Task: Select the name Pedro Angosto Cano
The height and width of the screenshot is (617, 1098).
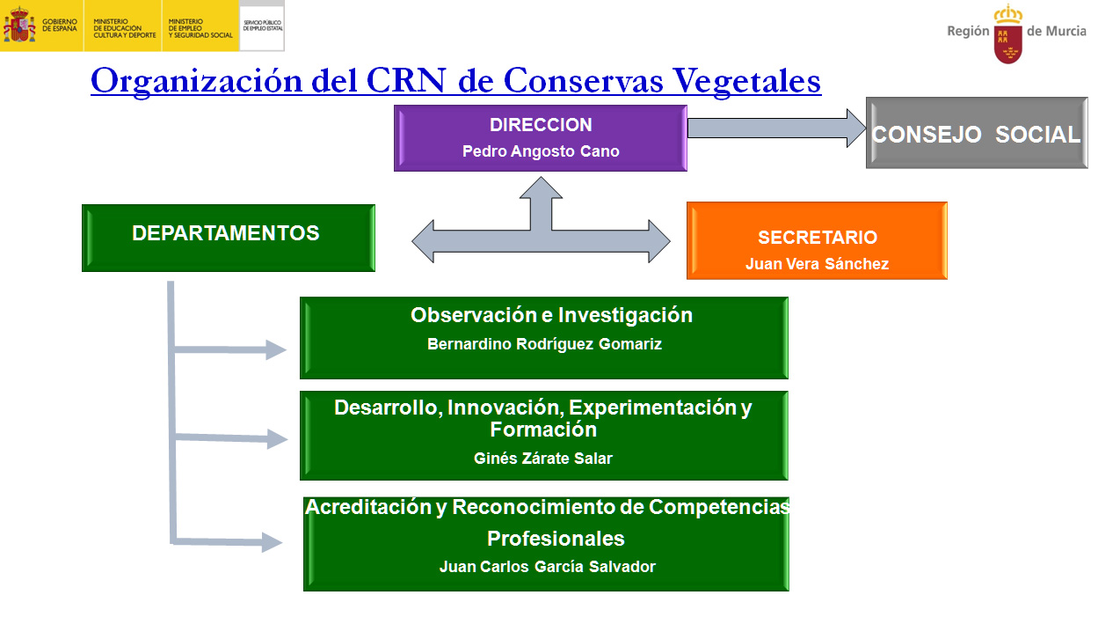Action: pos(541,151)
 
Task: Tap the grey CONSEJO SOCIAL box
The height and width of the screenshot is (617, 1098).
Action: pos(976,134)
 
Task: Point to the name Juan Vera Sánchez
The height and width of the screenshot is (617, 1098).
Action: pos(817,264)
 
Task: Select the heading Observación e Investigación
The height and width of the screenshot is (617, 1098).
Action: pos(551,315)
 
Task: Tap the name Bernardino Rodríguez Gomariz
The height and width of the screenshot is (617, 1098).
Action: pos(544,344)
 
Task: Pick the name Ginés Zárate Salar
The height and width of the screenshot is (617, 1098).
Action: pos(542,458)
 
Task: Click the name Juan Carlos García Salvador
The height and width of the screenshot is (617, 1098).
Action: pos(547,567)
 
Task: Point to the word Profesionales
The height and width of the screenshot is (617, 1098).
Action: pos(556,538)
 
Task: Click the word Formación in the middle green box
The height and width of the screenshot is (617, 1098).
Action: pos(542,430)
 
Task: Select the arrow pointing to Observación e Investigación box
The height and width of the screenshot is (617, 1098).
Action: pos(233,350)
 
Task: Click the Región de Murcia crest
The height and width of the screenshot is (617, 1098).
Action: pos(1007,33)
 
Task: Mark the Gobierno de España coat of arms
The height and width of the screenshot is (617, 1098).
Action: pos(18,26)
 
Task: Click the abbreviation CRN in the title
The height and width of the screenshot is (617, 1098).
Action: pos(411,81)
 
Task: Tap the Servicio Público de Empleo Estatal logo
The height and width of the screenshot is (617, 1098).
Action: pos(262,26)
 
